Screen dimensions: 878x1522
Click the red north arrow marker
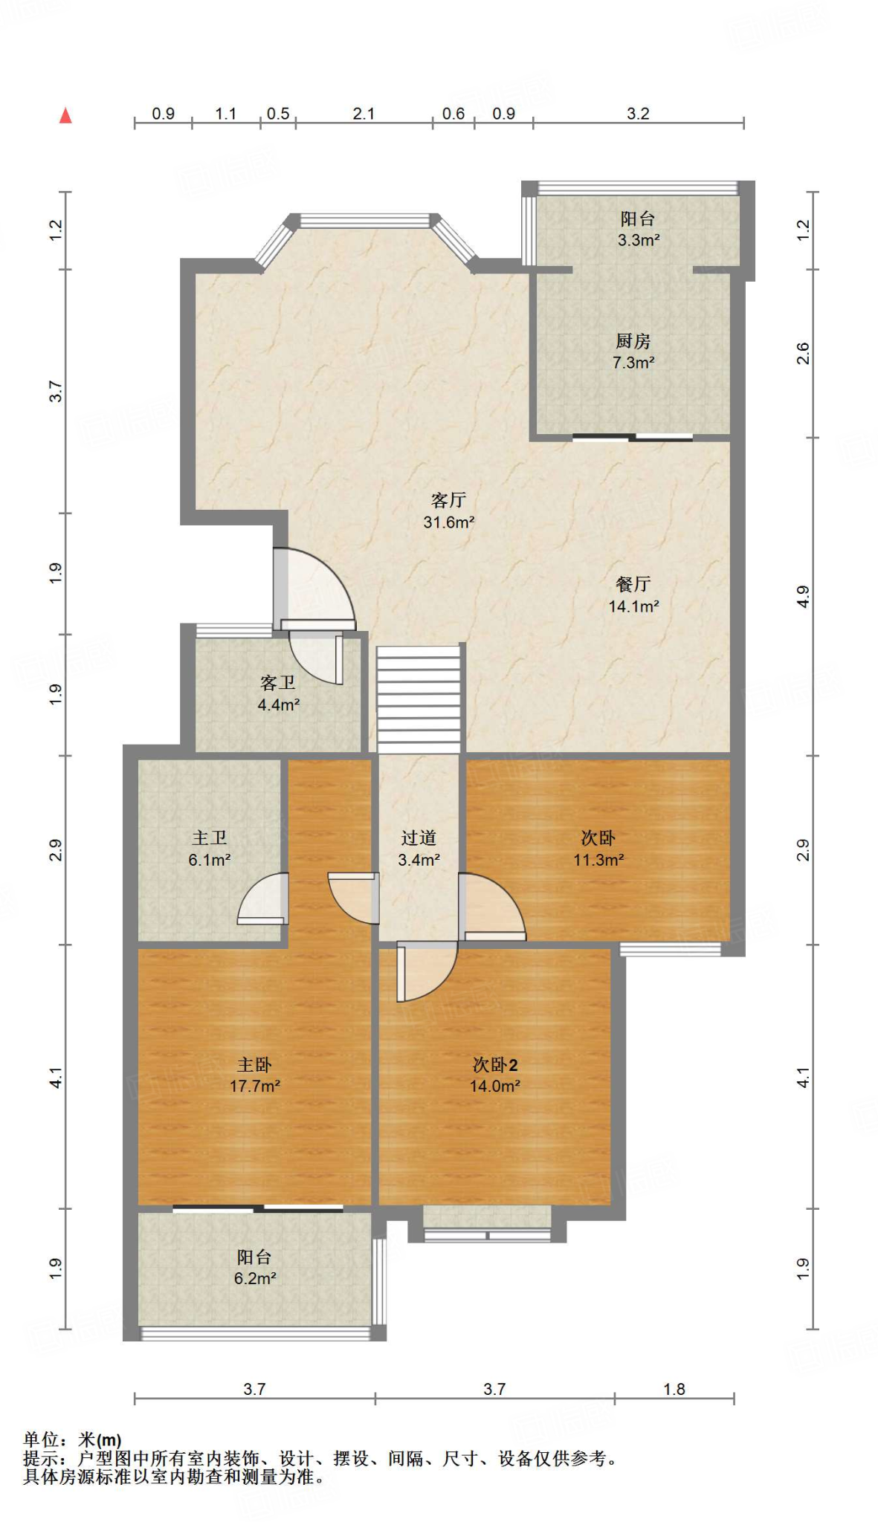(65, 115)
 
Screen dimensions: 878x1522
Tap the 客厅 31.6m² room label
(449, 511)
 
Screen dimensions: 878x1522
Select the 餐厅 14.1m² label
(633, 595)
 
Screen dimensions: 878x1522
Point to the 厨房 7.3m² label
(633, 352)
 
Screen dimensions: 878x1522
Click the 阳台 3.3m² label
(638, 229)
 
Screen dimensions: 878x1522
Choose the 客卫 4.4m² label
(278, 693)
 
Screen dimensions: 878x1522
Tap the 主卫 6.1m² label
(210, 849)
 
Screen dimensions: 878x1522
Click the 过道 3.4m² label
(419, 849)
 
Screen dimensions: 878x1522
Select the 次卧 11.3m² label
(598, 849)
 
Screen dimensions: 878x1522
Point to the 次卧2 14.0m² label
(495, 1075)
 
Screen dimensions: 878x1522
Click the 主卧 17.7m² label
(255, 1075)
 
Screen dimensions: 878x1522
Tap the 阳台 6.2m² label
(255, 1267)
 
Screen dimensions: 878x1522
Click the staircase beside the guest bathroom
(419, 699)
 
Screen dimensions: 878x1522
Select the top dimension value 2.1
(364, 114)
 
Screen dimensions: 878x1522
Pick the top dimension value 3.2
(638, 114)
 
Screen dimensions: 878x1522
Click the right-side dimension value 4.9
(802, 596)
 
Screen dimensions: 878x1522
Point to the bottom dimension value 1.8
(674, 1389)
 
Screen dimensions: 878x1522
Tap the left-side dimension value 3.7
(56, 391)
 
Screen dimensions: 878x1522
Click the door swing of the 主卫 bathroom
(262, 898)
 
